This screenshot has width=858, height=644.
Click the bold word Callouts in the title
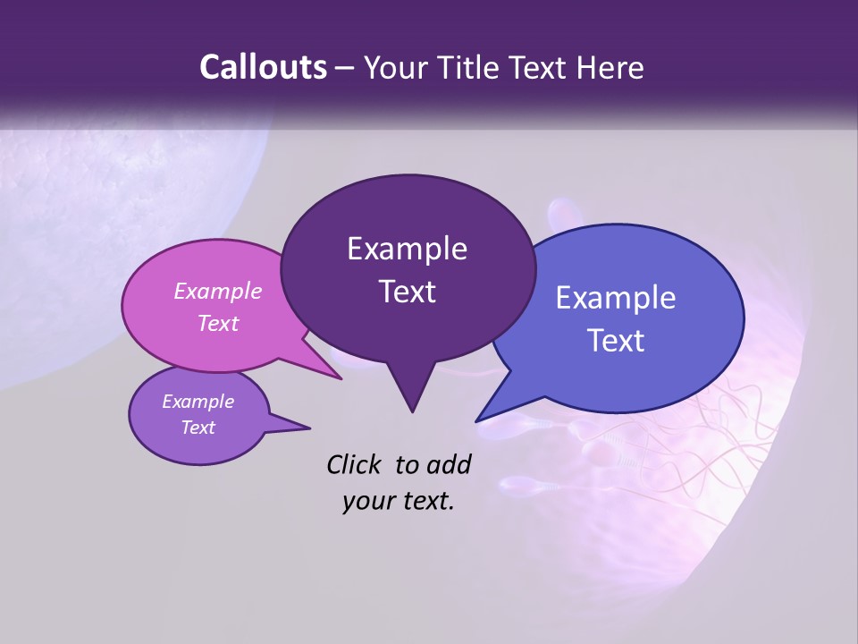264,67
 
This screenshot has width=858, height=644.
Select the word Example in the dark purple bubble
407,249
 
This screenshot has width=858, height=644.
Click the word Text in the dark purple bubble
407,292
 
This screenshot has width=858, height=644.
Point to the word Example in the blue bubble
616,298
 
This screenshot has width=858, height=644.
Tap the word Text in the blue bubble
616,341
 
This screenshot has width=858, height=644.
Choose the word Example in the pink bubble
218,291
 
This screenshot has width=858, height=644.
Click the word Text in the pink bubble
218,323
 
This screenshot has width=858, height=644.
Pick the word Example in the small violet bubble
198,402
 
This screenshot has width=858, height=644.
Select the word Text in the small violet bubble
198,428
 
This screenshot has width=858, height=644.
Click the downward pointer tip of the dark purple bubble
412,411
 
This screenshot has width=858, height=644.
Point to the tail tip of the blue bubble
477,420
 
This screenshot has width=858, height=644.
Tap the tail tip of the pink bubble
341,378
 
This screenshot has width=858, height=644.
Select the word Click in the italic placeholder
355,464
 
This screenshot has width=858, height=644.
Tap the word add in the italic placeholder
449,464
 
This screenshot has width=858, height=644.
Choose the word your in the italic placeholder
368,501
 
